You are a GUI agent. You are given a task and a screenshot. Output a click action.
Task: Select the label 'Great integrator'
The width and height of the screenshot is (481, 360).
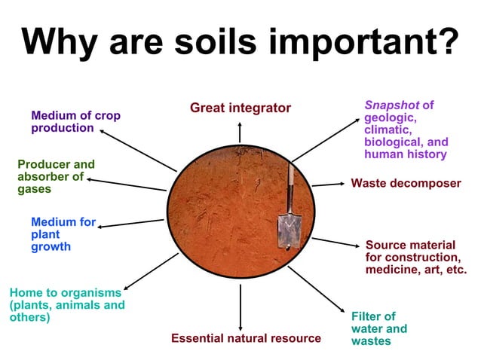[x=240, y=108]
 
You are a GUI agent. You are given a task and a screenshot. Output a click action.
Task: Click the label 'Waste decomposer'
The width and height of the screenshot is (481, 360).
[x=406, y=183]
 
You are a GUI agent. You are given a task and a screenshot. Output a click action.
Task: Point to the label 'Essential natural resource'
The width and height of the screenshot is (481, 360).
[x=246, y=338]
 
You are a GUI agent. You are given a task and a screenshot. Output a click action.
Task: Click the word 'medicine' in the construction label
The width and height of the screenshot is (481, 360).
[x=391, y=270]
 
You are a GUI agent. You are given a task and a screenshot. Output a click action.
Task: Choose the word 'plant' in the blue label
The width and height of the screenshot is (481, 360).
[x=46, y=234]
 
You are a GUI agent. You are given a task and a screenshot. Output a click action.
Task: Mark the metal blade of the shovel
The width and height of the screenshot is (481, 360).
[x=288, y=230]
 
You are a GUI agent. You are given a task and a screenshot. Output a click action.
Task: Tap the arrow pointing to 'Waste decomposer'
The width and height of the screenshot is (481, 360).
[x=327, y=184]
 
